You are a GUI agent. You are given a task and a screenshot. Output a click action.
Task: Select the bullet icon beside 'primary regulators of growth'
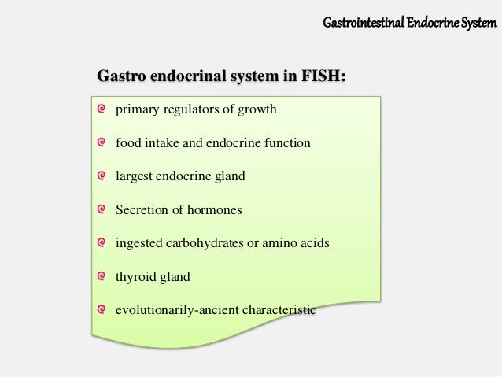pyautogui.click(x=102, y=109)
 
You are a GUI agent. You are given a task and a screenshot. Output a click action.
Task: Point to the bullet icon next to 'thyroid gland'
pyautogui.click(x=102, y=277)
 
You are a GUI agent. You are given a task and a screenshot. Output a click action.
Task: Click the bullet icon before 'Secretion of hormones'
pyautogui.click(x=102, y=210)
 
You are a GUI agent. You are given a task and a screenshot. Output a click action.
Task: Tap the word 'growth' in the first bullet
pyautogui.click(x=257, y=109)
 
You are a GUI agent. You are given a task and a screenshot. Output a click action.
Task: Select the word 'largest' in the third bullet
pyautogui.click(x=135, y=176)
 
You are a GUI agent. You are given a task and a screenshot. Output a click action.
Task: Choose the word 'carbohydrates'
pyautogui.click(x=202, y=244)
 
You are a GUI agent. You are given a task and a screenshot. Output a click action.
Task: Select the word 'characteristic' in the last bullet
pyautogui.click(x=276, y=311)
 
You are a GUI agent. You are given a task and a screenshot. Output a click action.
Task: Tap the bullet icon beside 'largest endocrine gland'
pyautogui.click(x=102, y=176)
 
